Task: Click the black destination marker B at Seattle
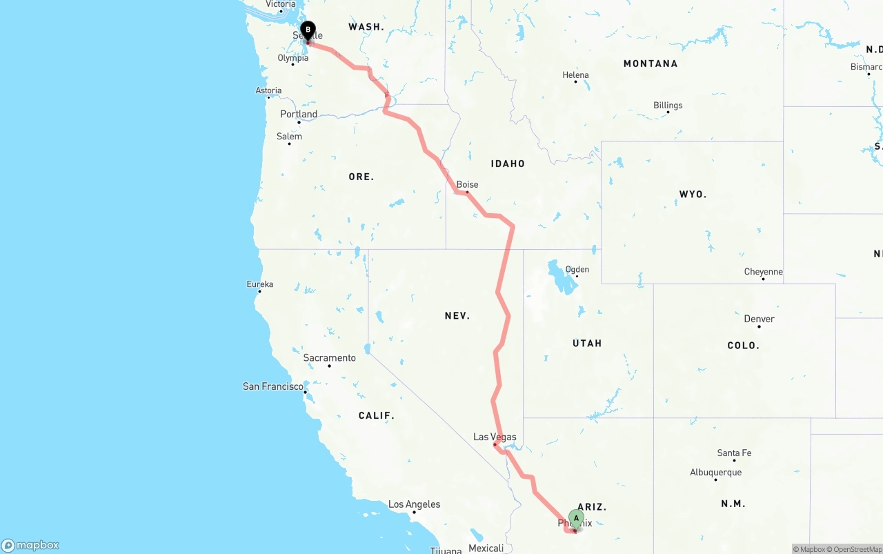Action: [x=308, y=30]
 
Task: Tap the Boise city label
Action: [x=467, y=184]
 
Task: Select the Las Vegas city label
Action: [x=495, y=437]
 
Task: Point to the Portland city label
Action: [x=299, y=115]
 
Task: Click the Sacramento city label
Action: [x=330, y=358]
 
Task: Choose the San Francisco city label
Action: [x=273, y=386]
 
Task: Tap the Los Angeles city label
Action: [x=414, y=504]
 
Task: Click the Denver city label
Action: [x=759, y=319]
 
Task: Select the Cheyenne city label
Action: [x=763, y=272]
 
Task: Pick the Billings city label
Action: [x=668, y=106]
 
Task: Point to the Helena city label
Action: [x=575, y=75]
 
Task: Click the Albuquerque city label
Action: [x=715, y=473]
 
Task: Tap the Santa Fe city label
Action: [x=734, y=453]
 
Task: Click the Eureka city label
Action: [x=260, y=284]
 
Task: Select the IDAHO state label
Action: [x=508, y=164]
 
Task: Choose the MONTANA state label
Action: [x=650, y=63]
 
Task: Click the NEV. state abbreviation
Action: [x=457, y=315]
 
